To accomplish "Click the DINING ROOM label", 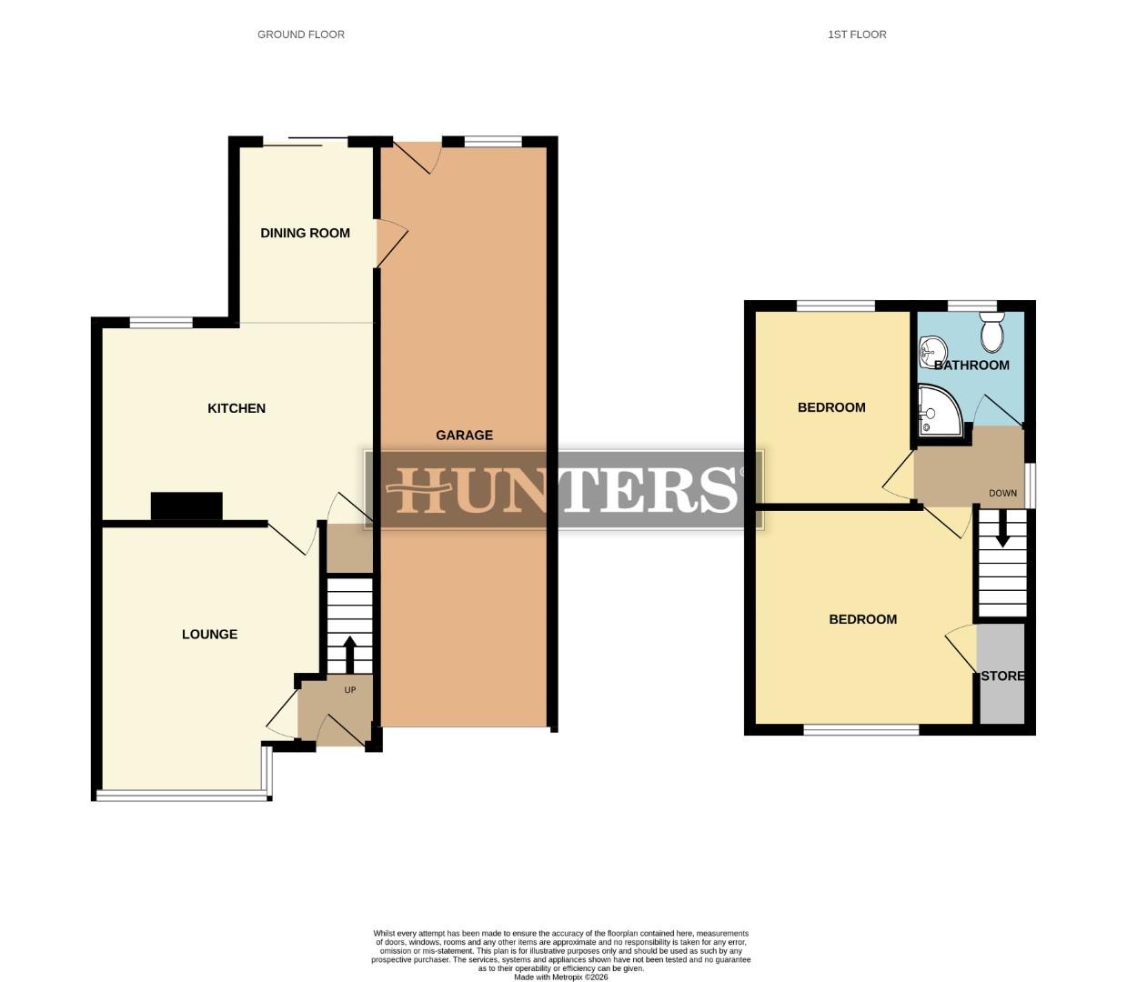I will (x=305, y=233).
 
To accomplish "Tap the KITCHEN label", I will (x=236, y=408).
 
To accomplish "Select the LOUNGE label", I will (x=209, y=635).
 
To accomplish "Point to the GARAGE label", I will (x=464, y=435).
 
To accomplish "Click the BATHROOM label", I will (x=971, y=366).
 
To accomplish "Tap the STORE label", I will (x=1002, y=676).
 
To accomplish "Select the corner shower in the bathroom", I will (x=938, y=411).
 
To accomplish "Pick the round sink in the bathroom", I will (x=932, y=349).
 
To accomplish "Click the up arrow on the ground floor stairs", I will (x=349, y=653).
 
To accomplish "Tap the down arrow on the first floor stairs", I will (x=1002, y=530).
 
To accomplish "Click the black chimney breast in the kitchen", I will (x=186, y=506).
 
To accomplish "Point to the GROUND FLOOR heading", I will (x=301, y=35).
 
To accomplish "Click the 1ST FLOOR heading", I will (x=857, y=35).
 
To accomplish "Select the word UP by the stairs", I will (x=350, y=690).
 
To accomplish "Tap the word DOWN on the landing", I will (x=1003, y=494).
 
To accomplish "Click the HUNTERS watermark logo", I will (x=564, y=489).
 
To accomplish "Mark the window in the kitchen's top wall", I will (x=161, y=321).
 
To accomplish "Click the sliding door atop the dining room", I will (x=306, y=140).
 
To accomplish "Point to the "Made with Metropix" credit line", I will (x=560, y=977).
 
